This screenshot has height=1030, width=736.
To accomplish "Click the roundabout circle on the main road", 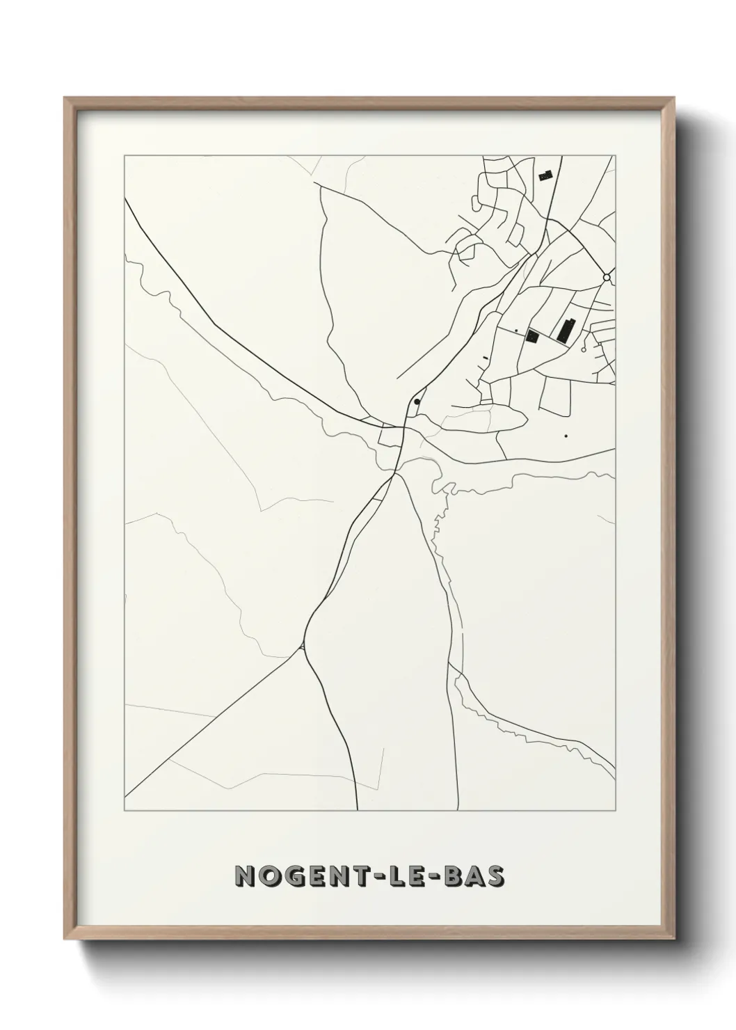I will click(x=607, y=278).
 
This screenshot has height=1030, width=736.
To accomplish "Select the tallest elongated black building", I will click(x=566, y=330).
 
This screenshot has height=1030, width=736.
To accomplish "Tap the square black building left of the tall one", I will click(x=534, y=336).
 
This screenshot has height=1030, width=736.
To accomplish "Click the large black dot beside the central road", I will click(x=417, y=402).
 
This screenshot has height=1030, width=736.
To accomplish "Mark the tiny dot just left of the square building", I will click(x=517, y=330).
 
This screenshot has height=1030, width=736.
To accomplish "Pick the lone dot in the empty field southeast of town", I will click(x=566, y=436).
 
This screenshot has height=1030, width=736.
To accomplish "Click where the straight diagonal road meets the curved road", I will click(x=303, y=647).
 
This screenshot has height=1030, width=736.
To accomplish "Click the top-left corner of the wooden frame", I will click(x=65, y=98).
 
